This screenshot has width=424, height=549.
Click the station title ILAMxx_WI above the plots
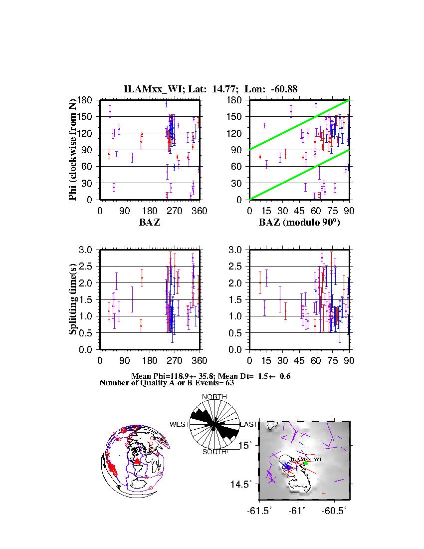pos(148,89)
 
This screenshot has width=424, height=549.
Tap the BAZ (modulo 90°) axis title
pos(299,222)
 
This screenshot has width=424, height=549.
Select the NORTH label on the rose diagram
pos(214,397)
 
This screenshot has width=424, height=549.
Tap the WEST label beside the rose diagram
pos(180,424)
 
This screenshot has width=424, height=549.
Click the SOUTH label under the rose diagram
pos(214,452)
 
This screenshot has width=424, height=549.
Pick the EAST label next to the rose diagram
pos(248,424)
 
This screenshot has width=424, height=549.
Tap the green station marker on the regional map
pos(306,463)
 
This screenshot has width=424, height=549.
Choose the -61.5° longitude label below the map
pos(259,511)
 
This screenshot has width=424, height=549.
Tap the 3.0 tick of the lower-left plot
pos(87,250)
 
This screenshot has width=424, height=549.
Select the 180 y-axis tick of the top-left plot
pos(86,100)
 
